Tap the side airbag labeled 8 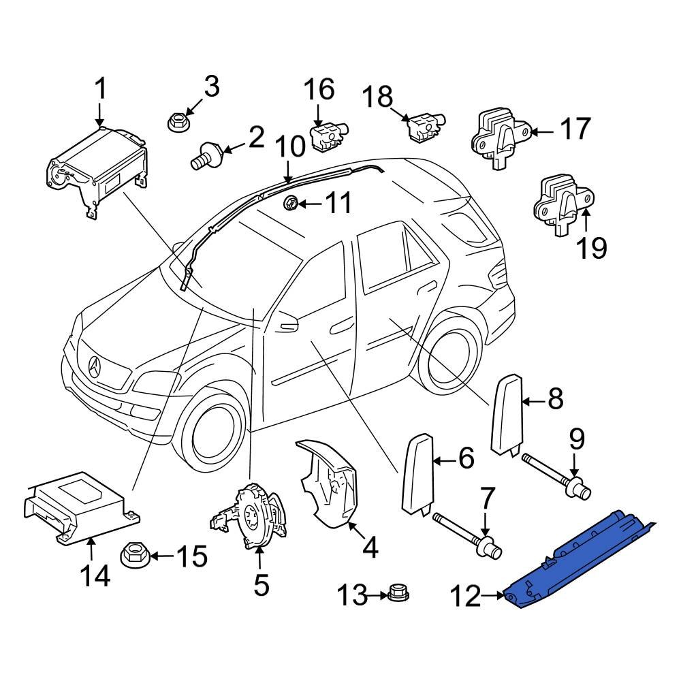pos(507,415)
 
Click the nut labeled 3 pos(178,123)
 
